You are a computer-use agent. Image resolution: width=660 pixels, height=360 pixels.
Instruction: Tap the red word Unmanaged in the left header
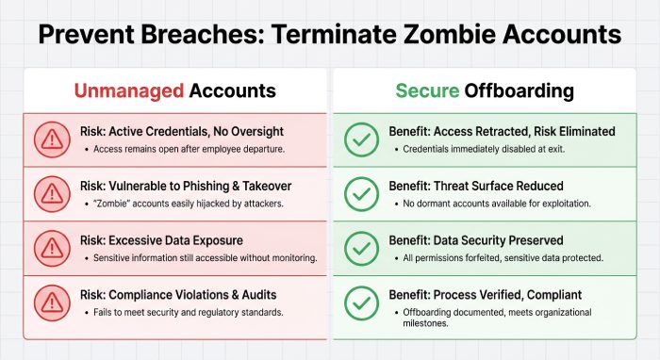pyautogui.click(x=129, y=91)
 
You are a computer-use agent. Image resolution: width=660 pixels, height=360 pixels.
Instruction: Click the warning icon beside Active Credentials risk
pyautogui.click(x=52, y=140)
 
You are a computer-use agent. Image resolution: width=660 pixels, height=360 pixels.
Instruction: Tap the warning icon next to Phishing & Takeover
pyautogui.click(x=52, y=194)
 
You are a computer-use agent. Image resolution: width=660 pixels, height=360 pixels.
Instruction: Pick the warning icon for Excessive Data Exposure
pyautogui.click(x=52, y=248)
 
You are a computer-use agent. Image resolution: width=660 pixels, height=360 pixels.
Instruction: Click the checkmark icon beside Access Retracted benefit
pyautogui.click(x=359, y=140)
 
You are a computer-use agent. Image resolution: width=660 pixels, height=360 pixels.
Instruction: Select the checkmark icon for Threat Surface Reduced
pyautogui.click(x=359, y=194)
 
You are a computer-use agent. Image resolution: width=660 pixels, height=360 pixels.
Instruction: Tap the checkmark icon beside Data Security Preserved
pyautogui.click(x=359, y=248)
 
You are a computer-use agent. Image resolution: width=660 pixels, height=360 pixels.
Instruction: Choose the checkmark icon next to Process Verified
pyautogui.click(x=359, y=303)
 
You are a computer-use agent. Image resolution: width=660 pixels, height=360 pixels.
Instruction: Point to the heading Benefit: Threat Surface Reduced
pyautogui.click(x=476, y=186)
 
